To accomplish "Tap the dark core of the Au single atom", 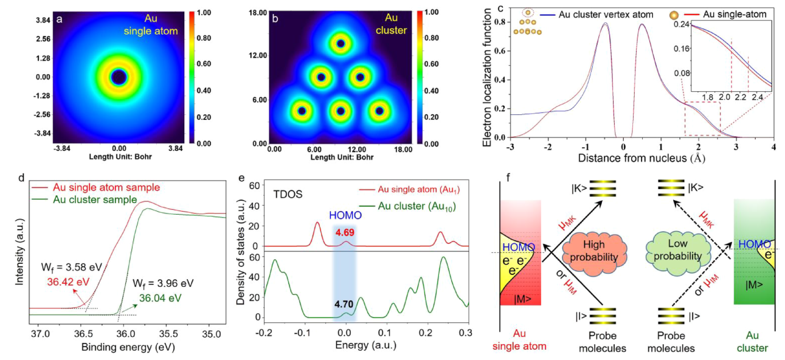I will coord(119,77).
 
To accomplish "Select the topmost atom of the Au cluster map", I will coord(341,44).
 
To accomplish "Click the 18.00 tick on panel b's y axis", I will coord(259,11).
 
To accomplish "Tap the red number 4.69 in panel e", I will coord(345,232).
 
